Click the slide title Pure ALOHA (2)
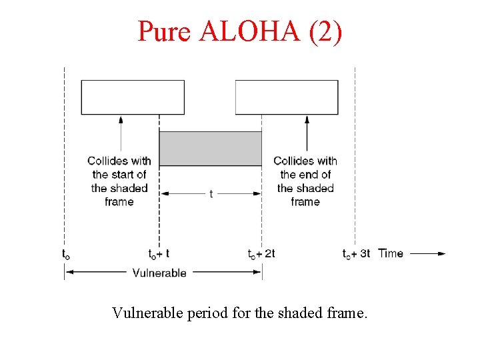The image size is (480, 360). pos(240,31)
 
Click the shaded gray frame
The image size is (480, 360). pos(210,148)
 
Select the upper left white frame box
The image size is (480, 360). pos(133,97)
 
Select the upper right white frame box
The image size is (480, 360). pos(287,97)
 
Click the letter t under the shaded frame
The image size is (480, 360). pos(211,194)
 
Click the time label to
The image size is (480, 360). pos(65,254)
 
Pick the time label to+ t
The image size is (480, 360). pos(159,254)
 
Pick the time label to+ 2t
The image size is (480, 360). pos(261,254)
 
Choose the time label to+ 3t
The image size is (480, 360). pos(356,254)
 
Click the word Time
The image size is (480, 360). pos(391,253)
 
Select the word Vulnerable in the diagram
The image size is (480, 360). pos(159,272)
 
